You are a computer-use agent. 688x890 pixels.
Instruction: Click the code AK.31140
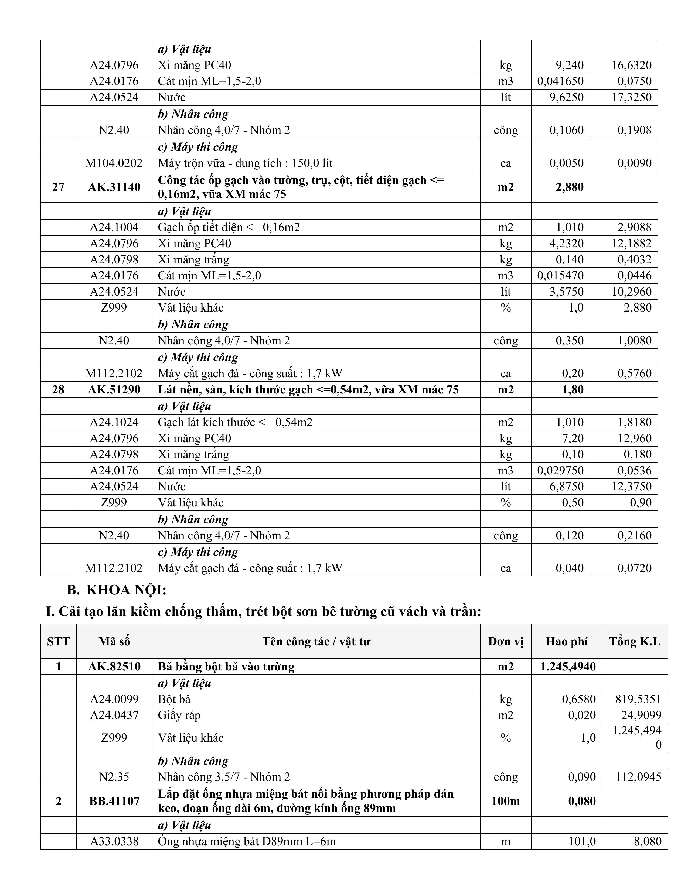click(114, 187)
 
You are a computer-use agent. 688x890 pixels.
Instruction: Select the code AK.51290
click(114, 390)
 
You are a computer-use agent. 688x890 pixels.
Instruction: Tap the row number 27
click(58, 187)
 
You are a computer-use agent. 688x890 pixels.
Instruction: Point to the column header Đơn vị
click(505, 641)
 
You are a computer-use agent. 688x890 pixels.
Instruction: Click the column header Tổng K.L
click(635, 641)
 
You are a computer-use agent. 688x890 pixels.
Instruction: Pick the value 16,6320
click(631, 65)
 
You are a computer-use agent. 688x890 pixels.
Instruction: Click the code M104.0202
click(114, 163)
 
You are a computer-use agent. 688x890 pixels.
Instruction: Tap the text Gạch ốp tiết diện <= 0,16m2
click(229, 227)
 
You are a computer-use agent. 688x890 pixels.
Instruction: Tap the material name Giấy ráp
click(179, 715)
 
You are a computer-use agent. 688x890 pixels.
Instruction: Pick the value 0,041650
click(560, 81)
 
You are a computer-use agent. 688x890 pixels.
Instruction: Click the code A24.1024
click(114, 422)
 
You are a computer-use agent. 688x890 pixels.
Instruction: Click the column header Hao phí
click(567, 641)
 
